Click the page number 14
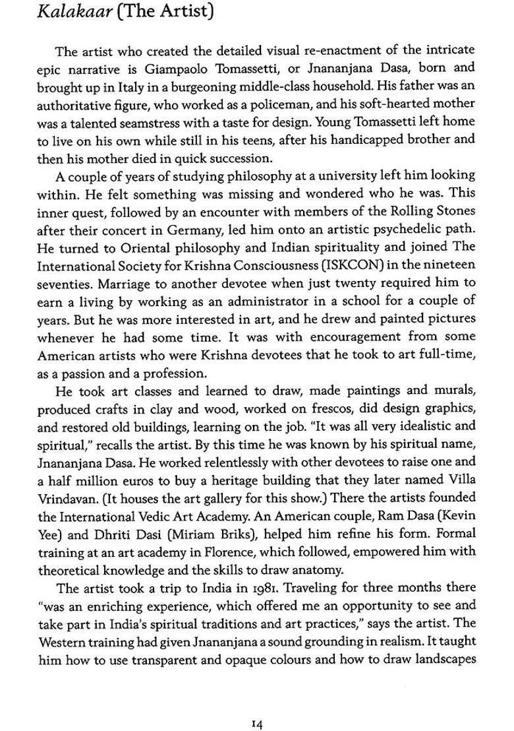coord(257,706)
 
